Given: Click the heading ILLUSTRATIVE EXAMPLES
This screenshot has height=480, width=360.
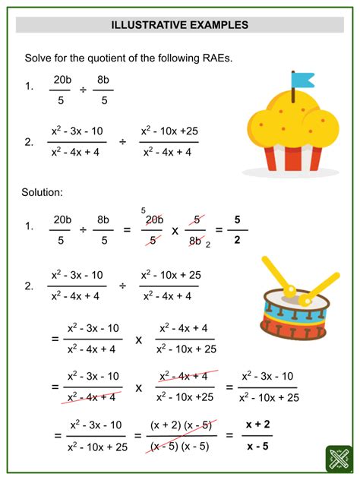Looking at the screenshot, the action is (x=180, y=24).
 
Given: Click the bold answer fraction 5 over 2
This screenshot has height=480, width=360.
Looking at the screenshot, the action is (x=237, y=229).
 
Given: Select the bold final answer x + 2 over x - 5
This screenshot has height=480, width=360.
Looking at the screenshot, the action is (x=257, y=435).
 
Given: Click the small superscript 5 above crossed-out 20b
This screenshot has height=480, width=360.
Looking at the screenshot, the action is (x=143, y=210).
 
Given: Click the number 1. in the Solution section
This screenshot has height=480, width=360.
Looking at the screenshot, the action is (x=29, y=227).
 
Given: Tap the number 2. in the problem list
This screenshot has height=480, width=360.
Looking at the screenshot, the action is (x=29, y=141).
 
